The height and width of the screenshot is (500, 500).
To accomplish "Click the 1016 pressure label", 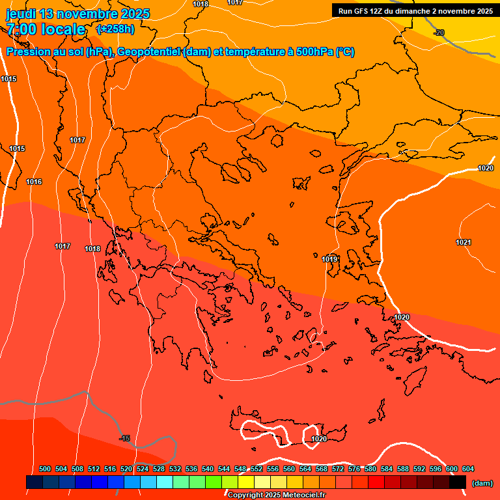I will pyautogui.click(x=34, y=182).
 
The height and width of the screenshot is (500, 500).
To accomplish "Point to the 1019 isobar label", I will pyautogui.click(x=329, y=259).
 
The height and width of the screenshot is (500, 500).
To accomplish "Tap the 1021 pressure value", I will pyautogui.click(x=463, y=242).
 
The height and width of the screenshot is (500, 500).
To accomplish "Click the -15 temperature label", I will pyautogui.click(x=125, y=438).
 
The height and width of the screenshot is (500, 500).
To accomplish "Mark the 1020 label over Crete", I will pyautogui.click(x=318, y=439).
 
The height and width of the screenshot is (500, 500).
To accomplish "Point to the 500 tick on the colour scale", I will pyautogui.click(x=45, y=469).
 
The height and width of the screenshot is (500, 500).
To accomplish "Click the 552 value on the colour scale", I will pyautogui.click(x=257, y=469).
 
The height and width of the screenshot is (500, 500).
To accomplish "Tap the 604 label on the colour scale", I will pyautogui.click(x=468, y=469).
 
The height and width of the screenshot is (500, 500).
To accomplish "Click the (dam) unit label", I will pyautogui.click(x=482, y=482).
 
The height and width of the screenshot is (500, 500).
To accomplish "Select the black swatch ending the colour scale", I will pyautogui.click(x=458, y=482).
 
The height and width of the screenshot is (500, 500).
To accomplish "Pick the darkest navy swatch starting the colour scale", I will pyautogui.click(x=35, y=482).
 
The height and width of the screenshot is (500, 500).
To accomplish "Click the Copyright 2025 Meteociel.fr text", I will pyautogui.click(x=275, y=495).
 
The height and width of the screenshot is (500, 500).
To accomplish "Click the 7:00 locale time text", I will pyautogui.click(x=46, y=29).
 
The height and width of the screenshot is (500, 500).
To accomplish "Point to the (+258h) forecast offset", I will pyautogui.click(x=115, y=29).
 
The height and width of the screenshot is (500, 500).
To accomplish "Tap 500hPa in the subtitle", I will pyautogui.click(x=314, y=52).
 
